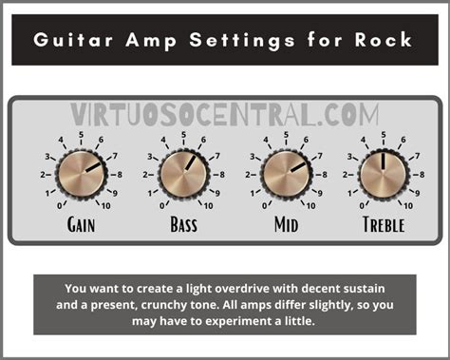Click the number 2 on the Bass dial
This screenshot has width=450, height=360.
148,175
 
